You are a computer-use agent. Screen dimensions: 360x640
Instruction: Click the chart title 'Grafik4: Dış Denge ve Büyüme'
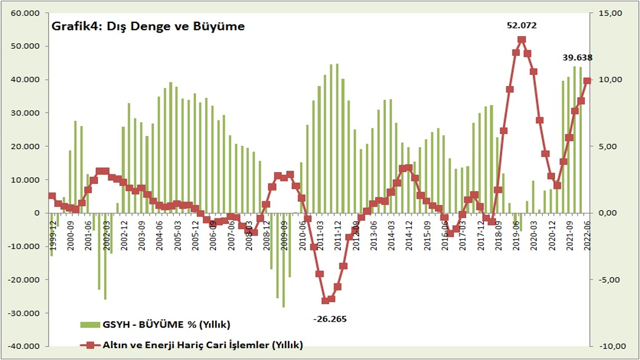point(147,26)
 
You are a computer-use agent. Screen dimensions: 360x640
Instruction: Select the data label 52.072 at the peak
point(522,25)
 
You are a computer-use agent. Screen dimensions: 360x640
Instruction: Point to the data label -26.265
point(330,319)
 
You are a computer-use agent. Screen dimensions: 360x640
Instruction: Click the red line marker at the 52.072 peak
point(522,40)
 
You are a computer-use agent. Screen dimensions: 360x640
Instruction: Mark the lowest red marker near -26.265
point(325,300)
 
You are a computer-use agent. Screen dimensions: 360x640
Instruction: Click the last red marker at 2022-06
point(587,81)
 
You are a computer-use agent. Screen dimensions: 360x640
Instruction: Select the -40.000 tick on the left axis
point(25,346)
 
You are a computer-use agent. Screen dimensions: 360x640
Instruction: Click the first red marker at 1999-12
point(52,196)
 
